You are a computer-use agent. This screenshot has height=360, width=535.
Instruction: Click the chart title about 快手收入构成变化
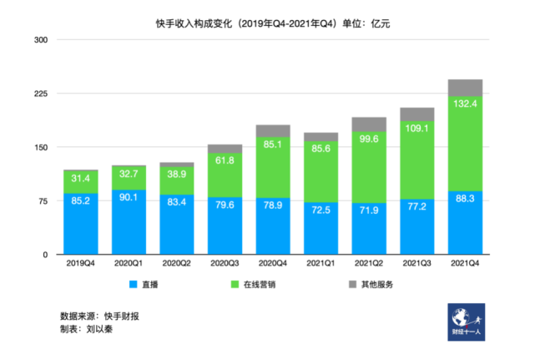267,23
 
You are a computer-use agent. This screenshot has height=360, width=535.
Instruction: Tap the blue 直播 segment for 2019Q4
81,224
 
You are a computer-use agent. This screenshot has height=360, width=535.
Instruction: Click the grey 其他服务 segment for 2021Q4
465,88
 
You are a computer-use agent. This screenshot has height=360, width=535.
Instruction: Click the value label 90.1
129,197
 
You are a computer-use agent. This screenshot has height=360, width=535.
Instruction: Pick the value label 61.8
225,159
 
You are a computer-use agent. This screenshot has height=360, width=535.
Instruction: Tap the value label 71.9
369,210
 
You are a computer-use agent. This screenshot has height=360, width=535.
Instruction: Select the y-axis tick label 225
42,94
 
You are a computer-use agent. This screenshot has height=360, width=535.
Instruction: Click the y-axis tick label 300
42,40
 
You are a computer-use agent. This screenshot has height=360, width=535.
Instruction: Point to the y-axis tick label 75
44,200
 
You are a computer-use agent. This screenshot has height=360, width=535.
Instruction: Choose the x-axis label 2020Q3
225,264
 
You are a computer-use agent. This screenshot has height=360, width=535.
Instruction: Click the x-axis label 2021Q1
320,264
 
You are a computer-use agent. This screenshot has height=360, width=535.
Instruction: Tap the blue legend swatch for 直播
133,285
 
